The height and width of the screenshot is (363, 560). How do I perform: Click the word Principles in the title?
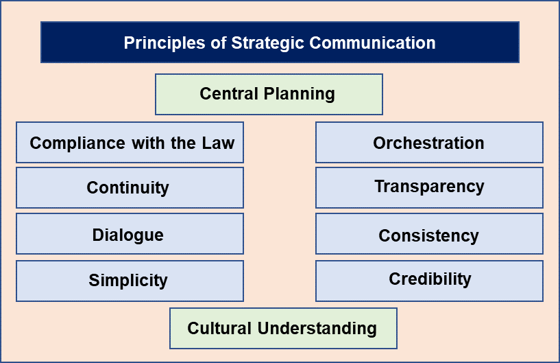[165, 43]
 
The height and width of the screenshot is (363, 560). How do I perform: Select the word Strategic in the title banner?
[268, 43]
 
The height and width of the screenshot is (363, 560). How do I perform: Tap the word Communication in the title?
[372, 43]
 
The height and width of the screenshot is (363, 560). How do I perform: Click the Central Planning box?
[269, 95]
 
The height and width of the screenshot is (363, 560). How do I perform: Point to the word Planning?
[300, 95]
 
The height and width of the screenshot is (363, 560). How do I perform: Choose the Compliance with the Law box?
[130, 142]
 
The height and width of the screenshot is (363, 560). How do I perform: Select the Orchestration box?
[429, 142]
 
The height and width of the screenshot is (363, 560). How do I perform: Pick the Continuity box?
[130, 188]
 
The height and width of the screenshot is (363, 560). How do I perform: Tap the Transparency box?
[429, 188]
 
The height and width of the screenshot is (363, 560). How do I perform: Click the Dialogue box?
[130, 234]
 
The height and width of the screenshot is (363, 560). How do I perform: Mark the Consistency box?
[429, 234]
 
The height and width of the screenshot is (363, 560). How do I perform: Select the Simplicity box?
[130, 281]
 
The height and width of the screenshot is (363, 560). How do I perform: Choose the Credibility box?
[429, 281]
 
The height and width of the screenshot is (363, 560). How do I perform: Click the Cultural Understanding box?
[283, 328]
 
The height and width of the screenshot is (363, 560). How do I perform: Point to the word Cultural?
[219, 328]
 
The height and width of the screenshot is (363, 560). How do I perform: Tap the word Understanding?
[317, 329]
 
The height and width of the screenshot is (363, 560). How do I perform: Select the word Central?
[229, 94]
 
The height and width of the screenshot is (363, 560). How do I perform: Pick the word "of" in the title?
[219, 43]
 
